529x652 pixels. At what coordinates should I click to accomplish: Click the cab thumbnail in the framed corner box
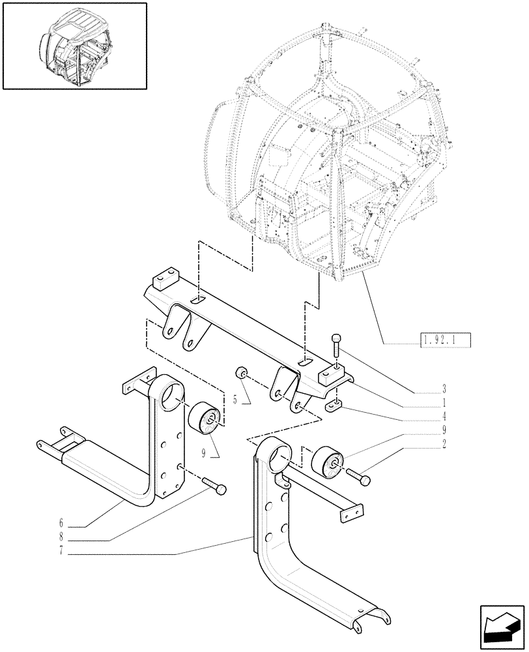point(74,45)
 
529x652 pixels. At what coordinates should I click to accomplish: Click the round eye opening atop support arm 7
point(276,454)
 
